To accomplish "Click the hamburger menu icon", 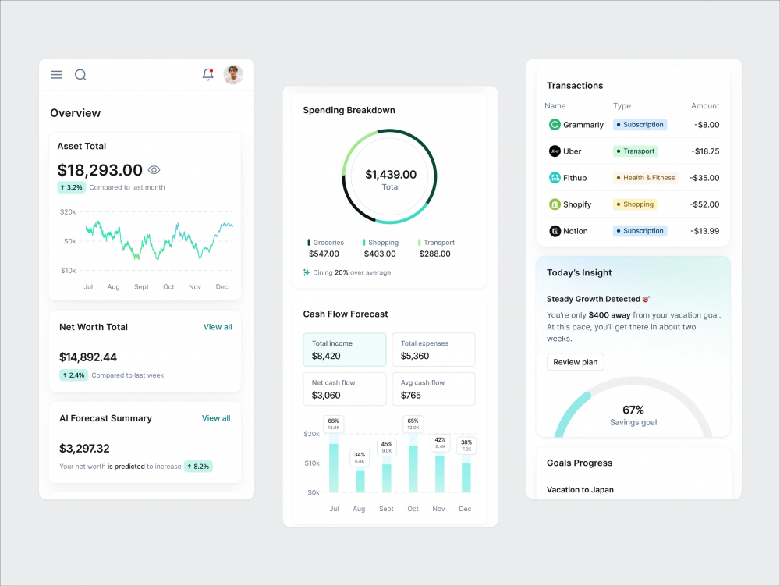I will pos(57,75).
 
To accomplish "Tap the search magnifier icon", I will pos(80,75).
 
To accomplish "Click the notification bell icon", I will pos(207,75).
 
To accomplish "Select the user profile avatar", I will pos(233,75).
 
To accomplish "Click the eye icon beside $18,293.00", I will pos(154,170).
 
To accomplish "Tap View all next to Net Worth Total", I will pos(218,327).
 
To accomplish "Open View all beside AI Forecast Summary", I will pos(216,418).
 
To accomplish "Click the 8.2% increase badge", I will pos(198,467).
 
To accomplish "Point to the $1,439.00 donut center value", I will pos(391,175).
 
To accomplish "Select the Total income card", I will pos(345,350).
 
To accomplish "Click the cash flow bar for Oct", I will pos(413,469).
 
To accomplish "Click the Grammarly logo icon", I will pos(555,125).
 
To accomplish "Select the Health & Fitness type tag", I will pos(646,178).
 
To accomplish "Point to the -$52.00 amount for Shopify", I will pos(704,204).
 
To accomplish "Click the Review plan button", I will pos(575,362).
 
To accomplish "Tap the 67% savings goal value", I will pos(633,410).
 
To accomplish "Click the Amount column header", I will pos(705,106).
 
